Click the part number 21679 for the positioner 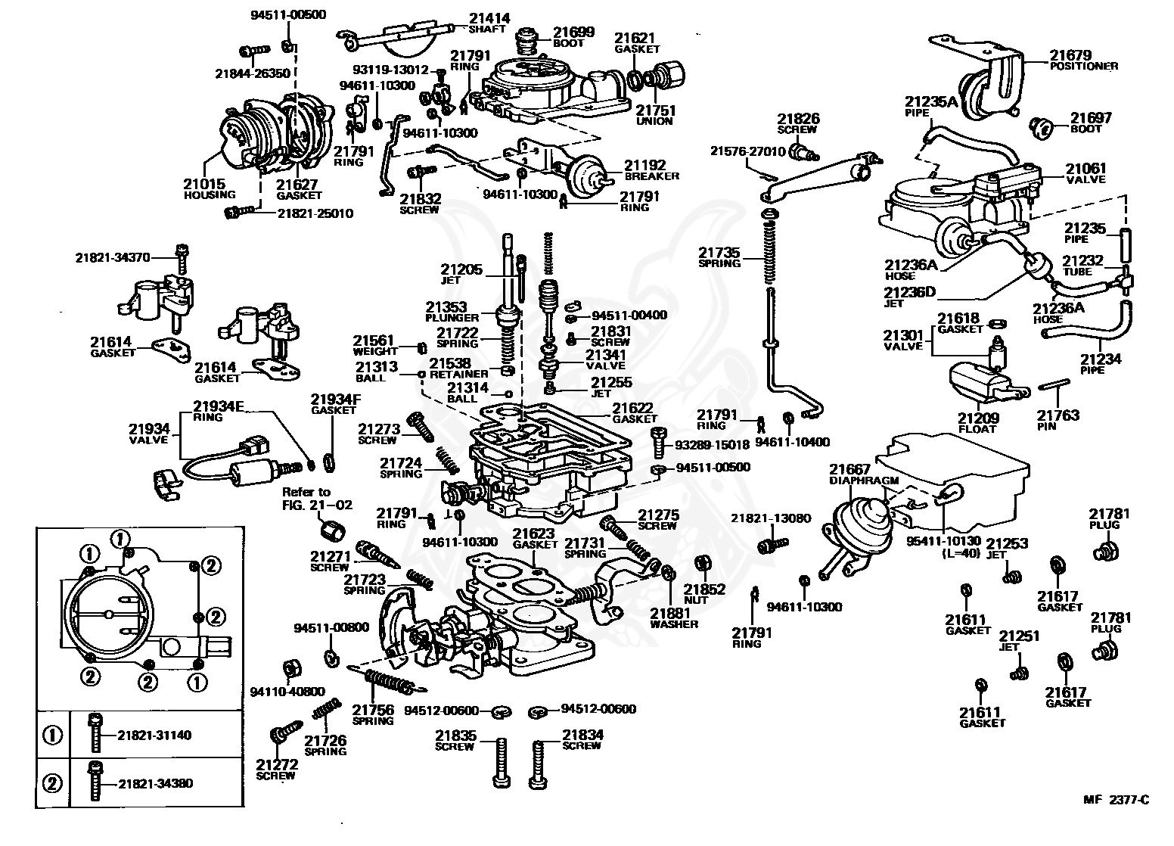pyautogui.click(x=1070, y=55)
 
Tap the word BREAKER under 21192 pyautogui.click(x=651, y=176)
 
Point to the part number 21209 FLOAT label pyautogui.click(x=978, y=423)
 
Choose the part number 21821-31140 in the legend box pyautogui.click(x=154, y=735)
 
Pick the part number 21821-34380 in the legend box pyautogui.click(x=155, y=783)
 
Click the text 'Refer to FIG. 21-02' pyautogui.click(x=317, y=499)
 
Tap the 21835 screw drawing pyautogui.click(x=502, y=763)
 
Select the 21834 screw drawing pyautogui.click(x=539, y=764)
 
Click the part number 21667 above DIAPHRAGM pyautogui.click(x=849, y=468)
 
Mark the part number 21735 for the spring pyautogui.click(x=719, y=252)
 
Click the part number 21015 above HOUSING pyautogui.click(x=204, y=183)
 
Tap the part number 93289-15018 pyautogui.click(x=712, y=445)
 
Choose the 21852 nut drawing pyautogui.click(x=702, y=563)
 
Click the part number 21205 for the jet pyautogui.click(x=461, y=269)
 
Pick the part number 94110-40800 pyautogui.click(x=287, y=692)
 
